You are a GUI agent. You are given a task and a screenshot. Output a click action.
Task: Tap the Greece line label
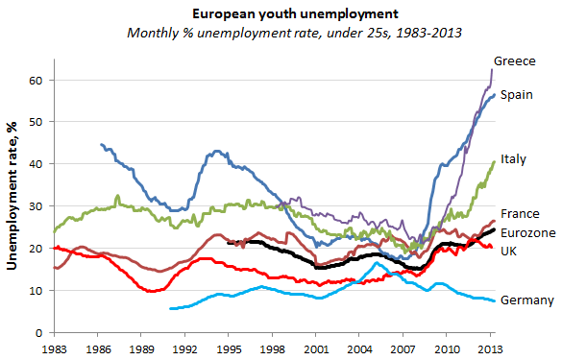(x=514, y=60)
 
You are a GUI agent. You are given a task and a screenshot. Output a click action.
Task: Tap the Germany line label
(x=527, y=300)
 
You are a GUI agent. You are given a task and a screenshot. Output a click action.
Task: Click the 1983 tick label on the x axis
(x=54, y=349)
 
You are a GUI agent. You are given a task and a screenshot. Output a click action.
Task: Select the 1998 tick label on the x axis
(x=274, y=349)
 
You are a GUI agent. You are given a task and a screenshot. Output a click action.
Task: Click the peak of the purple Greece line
(x=493, y=69)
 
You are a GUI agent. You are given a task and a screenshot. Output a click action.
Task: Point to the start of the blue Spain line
(x=101, y=145)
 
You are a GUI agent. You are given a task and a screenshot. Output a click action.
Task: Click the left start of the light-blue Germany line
(x=170, y=308)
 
